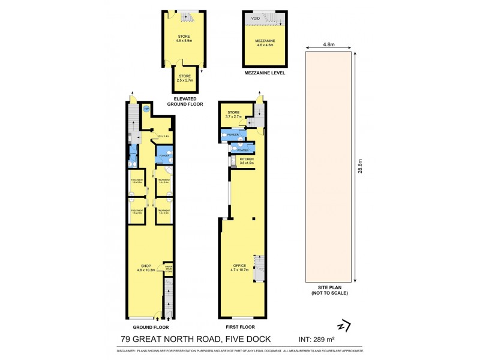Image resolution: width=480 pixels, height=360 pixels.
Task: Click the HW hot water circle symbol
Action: click(146, 109)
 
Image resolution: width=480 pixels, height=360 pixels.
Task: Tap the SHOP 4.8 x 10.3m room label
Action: click(147, 268)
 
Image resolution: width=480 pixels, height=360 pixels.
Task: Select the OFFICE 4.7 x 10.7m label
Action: click(239, 267)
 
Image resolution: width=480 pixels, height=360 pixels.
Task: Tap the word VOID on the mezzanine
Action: click(256, 19)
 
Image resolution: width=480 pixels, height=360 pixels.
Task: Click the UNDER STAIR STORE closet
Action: click(169, 269)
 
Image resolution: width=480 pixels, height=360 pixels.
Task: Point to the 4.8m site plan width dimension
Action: click(329, 44)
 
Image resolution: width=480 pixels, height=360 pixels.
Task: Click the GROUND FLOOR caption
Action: click(150, 328)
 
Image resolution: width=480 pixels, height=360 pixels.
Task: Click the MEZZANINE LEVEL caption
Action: click(264, 73)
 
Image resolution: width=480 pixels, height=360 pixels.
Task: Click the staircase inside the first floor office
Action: click(259, 268)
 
